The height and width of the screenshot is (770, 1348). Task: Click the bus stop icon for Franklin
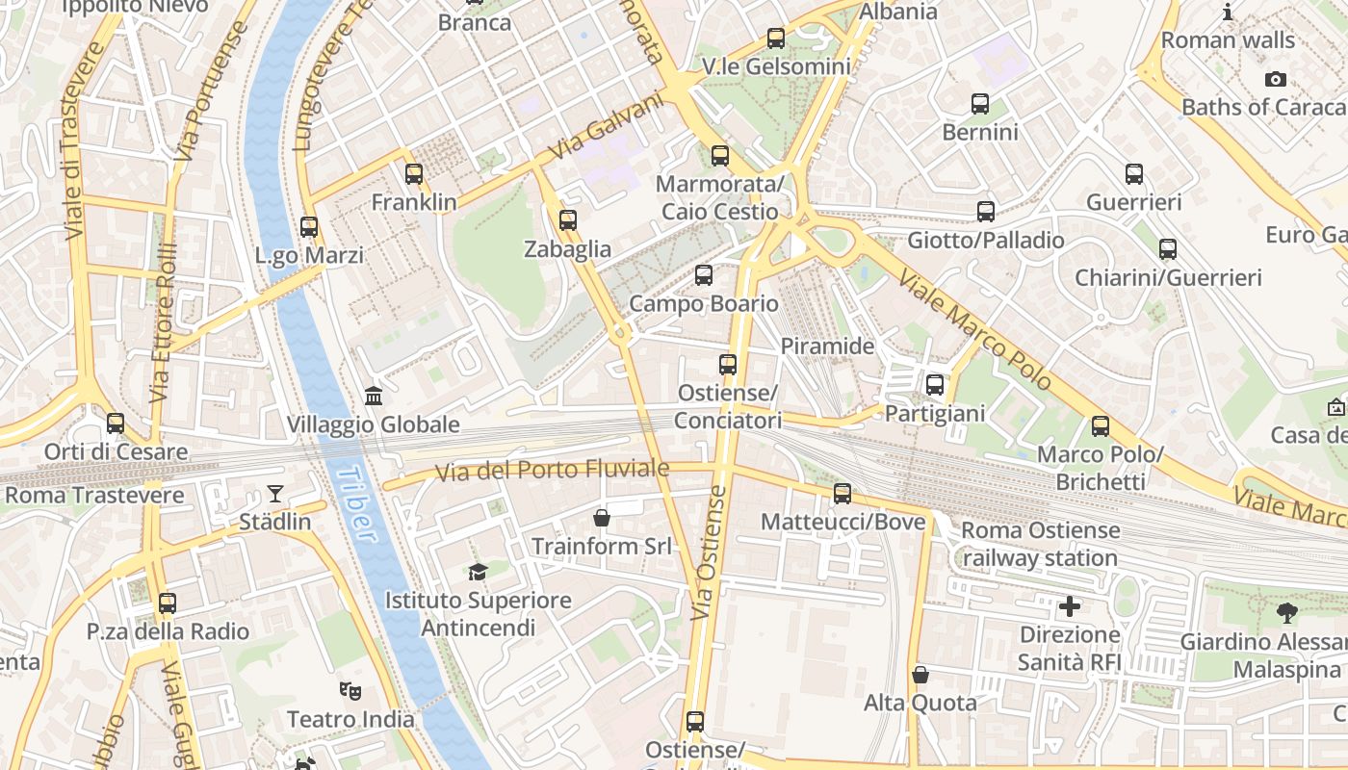(x=414, y=174)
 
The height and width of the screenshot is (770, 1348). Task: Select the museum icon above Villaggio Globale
(x=374, y=396)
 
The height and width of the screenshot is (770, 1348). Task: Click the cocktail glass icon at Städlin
(x=275, y=494)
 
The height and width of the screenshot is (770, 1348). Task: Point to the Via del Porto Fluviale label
(x=552, y=471)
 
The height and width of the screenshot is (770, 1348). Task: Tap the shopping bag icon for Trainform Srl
(x=602, y=518)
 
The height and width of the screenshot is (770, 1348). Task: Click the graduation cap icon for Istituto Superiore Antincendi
(x=478, y=572)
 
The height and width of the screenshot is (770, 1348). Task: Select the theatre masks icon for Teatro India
(x=350, y=690)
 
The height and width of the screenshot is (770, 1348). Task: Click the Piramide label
(x=827, y=346)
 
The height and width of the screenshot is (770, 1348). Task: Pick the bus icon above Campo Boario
(x=704, y=275)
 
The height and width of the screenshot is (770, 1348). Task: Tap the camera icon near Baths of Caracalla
(x=1276, y=79)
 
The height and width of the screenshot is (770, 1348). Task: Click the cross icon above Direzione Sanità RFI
(x=1069, y=606)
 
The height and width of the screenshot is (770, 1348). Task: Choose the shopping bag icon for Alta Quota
(x=920, y=674)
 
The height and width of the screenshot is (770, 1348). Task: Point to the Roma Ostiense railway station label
(x=1040, y=544)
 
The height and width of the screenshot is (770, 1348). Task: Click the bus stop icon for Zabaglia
(x=568, y=220)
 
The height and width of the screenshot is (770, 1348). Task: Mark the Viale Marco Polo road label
(x=974, y=329)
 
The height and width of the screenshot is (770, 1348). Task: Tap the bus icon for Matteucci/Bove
(x=842, y=494)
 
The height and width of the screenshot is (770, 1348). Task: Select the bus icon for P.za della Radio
(x=168, y=603)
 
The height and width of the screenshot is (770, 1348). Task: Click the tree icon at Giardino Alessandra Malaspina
(x=1286, y=613)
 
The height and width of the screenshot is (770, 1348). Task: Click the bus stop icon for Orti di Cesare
(x=116, y=423)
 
